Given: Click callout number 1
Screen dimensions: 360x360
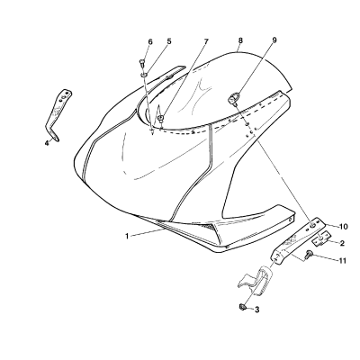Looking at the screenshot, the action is coord(127,237).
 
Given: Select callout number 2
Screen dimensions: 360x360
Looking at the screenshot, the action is coord(342,243).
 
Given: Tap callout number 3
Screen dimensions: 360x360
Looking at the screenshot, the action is coord(256,310).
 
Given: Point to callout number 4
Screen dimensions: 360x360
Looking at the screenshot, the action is coord(47,143).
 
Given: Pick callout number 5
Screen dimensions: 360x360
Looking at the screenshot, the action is coord(169,41).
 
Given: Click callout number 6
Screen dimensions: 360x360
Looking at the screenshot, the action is coord(150,41).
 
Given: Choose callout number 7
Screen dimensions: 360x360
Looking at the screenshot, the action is coord(206,41).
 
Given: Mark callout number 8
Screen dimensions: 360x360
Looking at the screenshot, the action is coord(240,40).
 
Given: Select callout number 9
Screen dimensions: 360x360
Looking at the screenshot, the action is coord(274,40).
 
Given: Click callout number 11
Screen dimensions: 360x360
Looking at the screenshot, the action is coord(343,261).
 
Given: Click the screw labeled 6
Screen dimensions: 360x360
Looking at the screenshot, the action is coord(142,64).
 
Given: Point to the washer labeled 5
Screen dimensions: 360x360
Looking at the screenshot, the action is coord(144,75).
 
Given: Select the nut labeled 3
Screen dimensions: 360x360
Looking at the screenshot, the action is coord(242,307).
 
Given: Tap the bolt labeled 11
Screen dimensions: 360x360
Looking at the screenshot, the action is coord(308,255).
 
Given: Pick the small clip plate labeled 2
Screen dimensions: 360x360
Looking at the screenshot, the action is coord(320,238).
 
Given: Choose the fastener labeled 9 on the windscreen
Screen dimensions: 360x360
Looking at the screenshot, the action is coord(234,98).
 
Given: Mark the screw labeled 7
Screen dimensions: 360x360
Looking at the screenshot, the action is coord(161,118).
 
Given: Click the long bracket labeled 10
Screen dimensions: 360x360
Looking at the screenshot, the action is coord(297,241).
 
